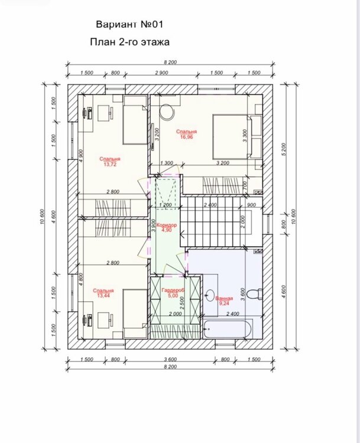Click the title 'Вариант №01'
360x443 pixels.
129,24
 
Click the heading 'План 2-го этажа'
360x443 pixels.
130,42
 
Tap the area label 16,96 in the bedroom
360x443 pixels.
186,137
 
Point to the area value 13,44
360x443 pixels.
103,295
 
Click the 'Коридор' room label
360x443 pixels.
166,225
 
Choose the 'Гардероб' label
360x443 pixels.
173,290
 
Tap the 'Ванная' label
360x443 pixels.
224,299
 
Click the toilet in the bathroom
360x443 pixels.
255,294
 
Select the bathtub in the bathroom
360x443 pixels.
228,329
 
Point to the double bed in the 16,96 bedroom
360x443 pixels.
231,137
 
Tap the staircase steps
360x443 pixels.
210,221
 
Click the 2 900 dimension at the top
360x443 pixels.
161,73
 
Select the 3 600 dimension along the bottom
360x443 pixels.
170,359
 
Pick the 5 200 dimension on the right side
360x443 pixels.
284,149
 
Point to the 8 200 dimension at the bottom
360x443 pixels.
170,366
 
